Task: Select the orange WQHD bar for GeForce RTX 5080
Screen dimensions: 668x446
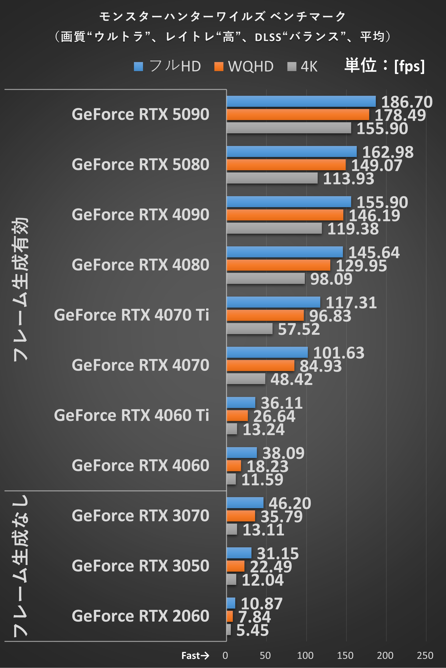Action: [286, 165]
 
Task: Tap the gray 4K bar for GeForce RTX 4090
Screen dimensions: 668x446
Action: [274, 228]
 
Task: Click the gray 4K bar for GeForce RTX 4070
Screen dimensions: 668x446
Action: [246, 379]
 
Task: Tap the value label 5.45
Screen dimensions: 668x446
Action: [252, 630]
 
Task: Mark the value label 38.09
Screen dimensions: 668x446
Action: [283, 453]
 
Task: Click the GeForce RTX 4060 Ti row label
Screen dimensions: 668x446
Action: [131, 415]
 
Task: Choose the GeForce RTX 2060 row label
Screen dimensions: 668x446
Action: [141, 616]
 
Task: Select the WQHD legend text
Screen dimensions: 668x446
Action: [251, 67]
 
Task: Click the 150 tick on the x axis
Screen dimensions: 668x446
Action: [345, 656]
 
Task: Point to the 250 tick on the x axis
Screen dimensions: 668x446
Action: [425, 656]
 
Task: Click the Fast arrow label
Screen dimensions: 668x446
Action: [195, 656]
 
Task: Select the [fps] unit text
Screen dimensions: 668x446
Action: [409, 66]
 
